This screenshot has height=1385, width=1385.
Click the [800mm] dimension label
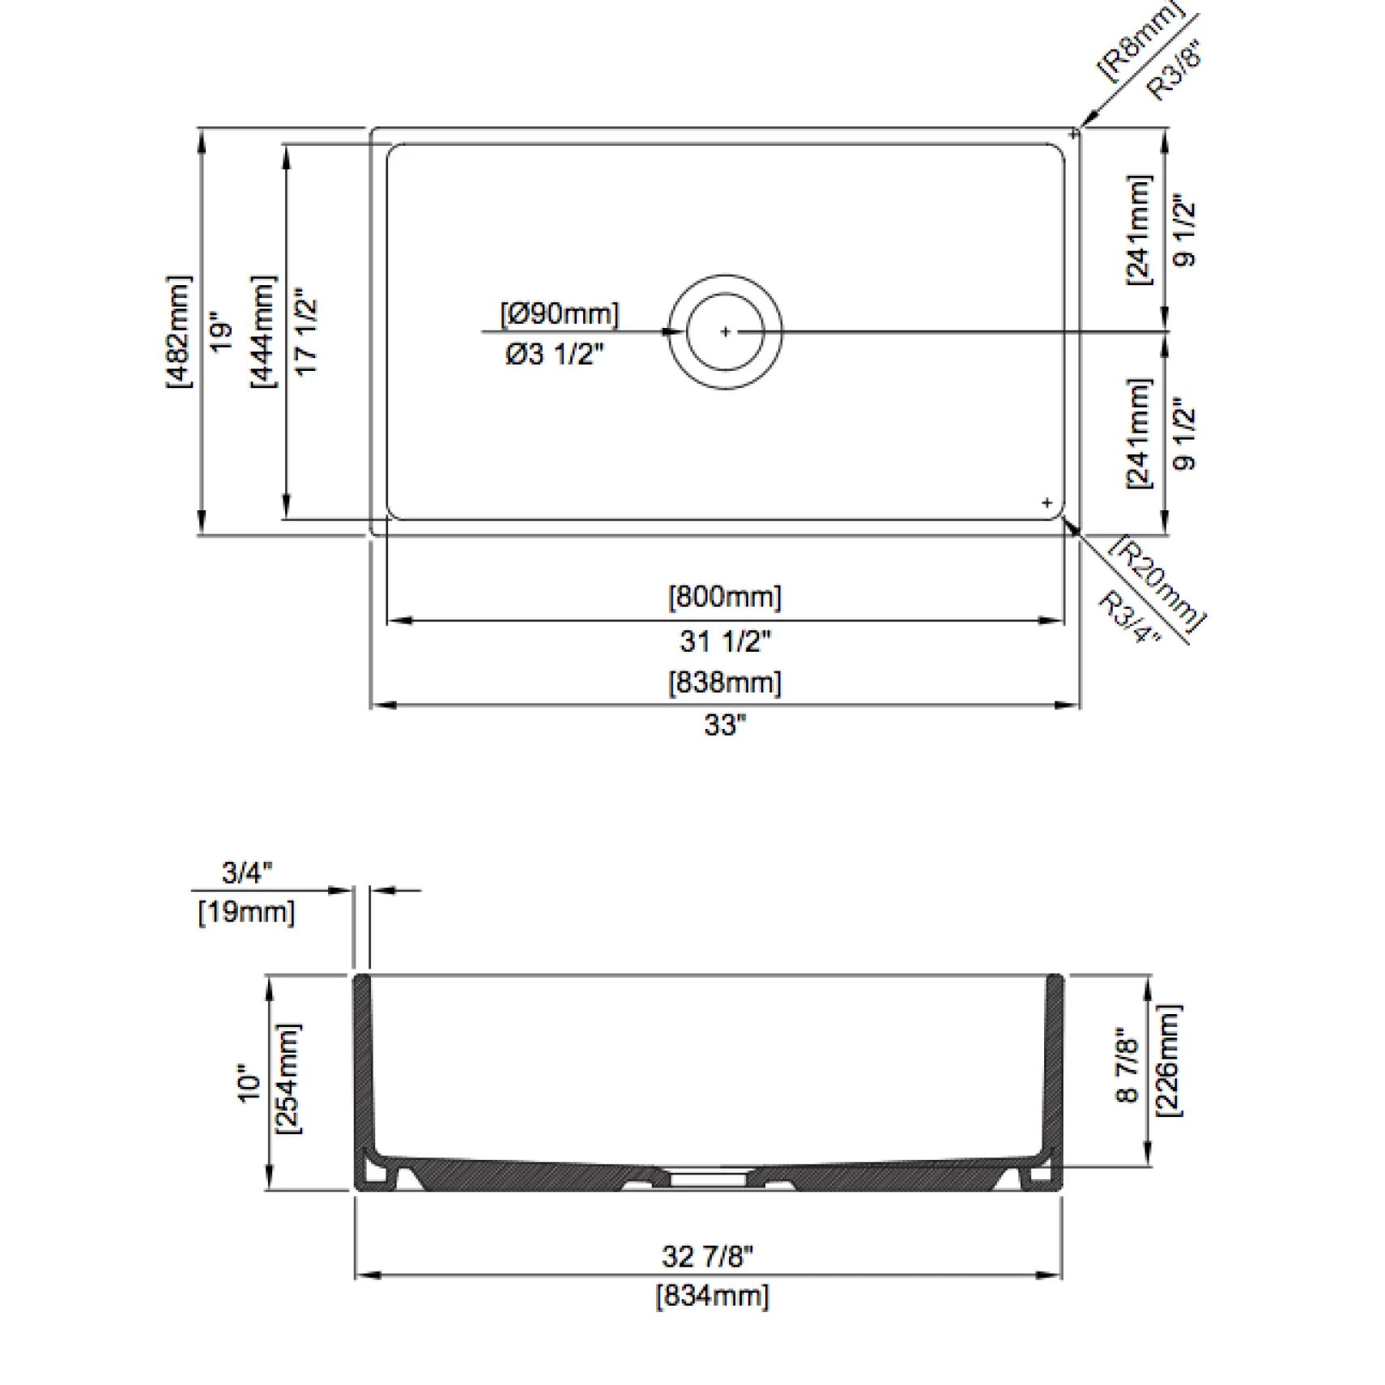(724, 597)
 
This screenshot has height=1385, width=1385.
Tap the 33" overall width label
(725, 724)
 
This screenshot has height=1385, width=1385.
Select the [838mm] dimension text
(724, 682)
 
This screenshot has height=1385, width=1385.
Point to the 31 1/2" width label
(725, 641)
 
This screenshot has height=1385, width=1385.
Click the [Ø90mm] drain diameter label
(559, 313)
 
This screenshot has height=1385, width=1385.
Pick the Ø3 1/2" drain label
(555, 354)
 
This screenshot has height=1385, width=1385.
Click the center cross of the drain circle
(725, 331)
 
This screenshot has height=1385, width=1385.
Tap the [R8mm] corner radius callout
(1140, 40)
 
